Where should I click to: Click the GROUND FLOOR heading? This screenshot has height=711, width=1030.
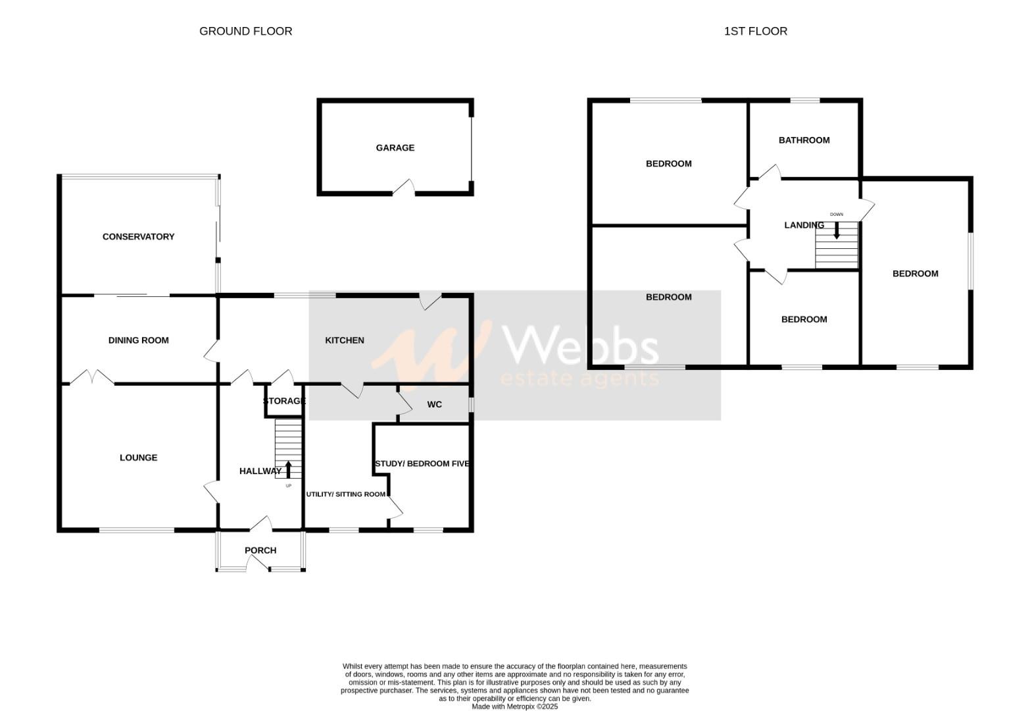(x=245, y=31)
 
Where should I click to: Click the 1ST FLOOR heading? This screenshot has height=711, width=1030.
(x=755, y=31)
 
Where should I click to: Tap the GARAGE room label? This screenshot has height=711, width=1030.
(x=395, y=148)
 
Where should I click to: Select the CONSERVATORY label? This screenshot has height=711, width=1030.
(x=138, y=237)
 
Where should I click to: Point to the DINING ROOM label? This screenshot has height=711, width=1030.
(x=138, y=340)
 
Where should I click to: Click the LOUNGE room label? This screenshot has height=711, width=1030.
(x=138, y=458)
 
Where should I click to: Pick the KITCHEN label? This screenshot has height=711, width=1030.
(x=345, y=340)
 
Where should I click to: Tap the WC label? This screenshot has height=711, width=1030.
(x=434, y=404)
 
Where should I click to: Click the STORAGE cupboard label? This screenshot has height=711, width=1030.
(x=284, y=401)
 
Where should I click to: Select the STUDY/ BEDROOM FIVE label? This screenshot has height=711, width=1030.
(x=422, y=463)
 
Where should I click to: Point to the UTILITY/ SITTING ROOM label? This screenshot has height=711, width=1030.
(x=346, y=494)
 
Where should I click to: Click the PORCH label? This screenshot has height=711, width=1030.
(x=260, y=550)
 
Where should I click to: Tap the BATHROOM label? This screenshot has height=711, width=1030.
(x=804, y=140)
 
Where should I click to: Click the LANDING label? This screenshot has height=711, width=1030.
(x=804, y=225)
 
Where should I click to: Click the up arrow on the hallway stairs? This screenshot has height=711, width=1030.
(x=288, y=469)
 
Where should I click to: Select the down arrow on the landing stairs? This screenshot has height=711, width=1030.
(x=837, y=230)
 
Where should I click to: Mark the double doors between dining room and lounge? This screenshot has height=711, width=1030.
(x=92, y=378)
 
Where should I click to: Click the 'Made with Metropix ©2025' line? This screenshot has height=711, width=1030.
(x=514, y=706)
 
